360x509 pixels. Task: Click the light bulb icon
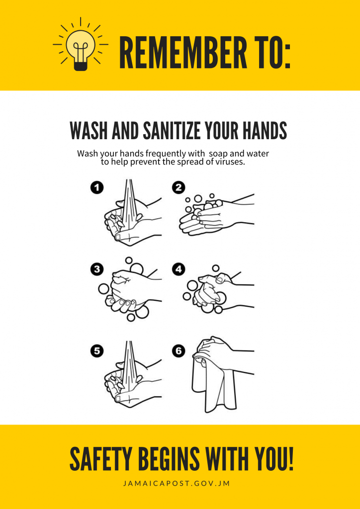point(81,45)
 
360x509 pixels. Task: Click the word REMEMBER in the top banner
point(183,53)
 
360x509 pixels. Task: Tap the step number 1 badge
point(96,188)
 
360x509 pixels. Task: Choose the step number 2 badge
point(178,188)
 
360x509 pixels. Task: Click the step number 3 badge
point(96,269)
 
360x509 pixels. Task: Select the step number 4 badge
point(178,269)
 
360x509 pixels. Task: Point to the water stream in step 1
point(129,204)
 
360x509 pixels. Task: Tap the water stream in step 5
point(129,366)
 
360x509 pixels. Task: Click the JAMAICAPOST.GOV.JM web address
point(177,484)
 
